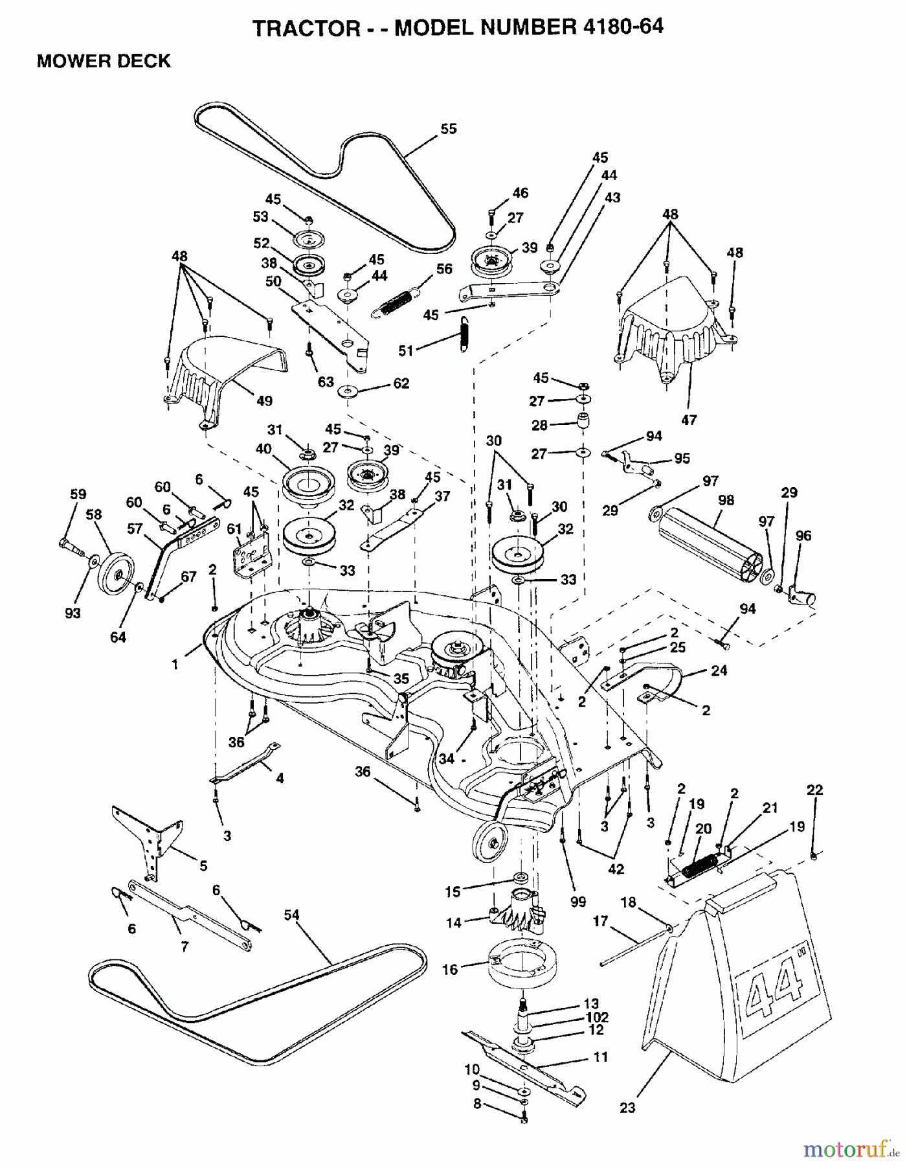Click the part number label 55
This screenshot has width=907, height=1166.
coord(448,129)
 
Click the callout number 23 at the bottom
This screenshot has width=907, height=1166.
coord(627,1108)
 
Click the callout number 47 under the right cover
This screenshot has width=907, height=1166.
coord(689,420)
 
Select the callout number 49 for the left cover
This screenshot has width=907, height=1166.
coord(264,401)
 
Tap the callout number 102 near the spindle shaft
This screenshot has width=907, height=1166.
coord(596,1017)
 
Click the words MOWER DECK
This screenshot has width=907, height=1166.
coord(104,61)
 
